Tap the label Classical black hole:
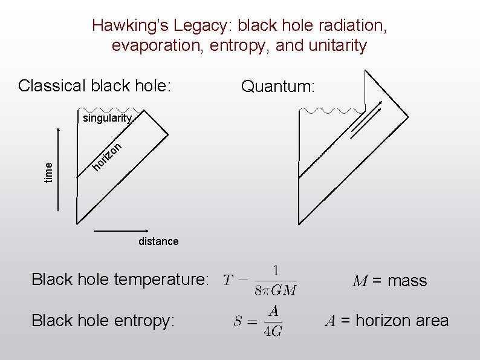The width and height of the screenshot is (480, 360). [x=95, y=85]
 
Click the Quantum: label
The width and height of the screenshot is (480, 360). [x=277, y=87]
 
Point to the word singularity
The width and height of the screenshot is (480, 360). [x=106, y=118]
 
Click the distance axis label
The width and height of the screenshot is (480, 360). [x=158, y=241]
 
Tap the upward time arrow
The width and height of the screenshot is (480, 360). [x=58, y=169]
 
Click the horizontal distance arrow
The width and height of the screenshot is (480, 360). [x=121, y=232]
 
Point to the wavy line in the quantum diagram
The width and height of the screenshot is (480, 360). [x=332, y=111]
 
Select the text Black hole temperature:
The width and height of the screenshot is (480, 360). [x=120, y=280]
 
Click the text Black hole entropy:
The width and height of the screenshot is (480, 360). [x=103, y=321]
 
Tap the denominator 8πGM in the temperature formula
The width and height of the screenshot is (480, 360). [x=275, y=290]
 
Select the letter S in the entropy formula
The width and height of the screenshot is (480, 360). [x=238, y=321]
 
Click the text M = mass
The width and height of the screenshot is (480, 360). [x=390, y=281]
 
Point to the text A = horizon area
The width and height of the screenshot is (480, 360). [x=386, y=321]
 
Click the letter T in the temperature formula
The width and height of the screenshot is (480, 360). [x=227, y=280]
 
